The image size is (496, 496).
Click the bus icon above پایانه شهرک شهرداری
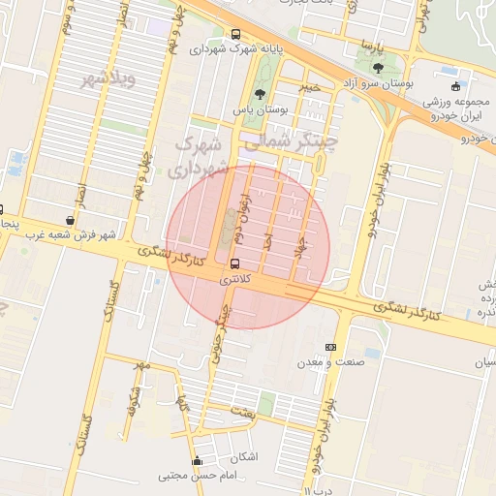pos(236,35)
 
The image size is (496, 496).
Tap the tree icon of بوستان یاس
pos(259,94)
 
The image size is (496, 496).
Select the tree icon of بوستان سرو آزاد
pos(377,69)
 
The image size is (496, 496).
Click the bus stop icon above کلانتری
pos(234,263)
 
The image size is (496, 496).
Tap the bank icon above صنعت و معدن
pos(331,347)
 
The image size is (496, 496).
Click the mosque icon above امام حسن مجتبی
pos(199,461)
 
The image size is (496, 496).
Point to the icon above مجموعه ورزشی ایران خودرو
pos(455,86)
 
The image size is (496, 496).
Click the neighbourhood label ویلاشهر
pos(108,78)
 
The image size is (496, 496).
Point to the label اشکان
pos(245,456)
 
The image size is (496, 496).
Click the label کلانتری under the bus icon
pos(235,279)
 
